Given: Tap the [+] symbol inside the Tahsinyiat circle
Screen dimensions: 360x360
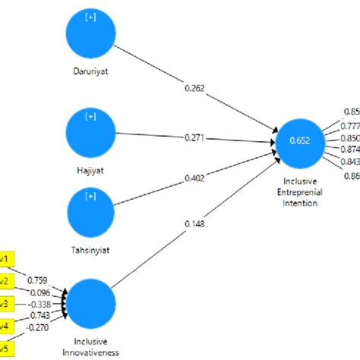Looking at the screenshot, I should click(x=90, y=196).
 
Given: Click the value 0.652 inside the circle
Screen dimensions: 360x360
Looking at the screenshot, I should click(x=300, y=140).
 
